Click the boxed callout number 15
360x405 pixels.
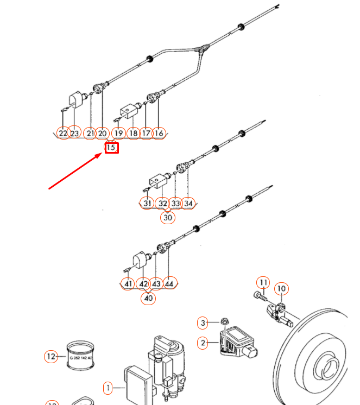point(111,147)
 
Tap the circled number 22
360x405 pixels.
point(64,133)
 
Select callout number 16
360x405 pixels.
point(159,133)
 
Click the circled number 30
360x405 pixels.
point(168,217)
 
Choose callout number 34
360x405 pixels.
point(188,203)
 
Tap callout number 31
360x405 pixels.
point(147,203)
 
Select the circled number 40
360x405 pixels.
point(148,298)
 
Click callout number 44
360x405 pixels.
point(169,283)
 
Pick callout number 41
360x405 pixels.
point(128,283)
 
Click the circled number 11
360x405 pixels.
point(263,282)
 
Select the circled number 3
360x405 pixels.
point(203,323)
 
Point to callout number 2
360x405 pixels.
point(203,343)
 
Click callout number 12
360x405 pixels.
point(50,356)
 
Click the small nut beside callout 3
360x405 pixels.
point(224,322)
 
